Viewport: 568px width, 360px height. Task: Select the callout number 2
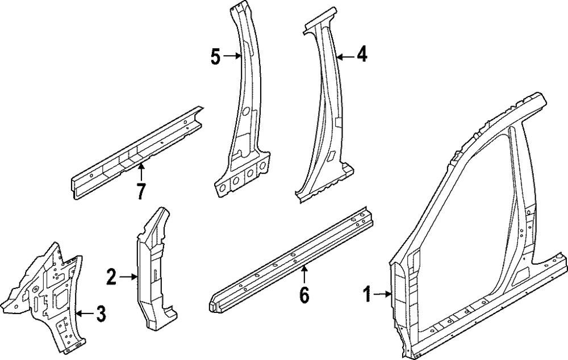[x=111, y=278]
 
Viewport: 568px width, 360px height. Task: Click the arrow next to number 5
[x=232, y=56]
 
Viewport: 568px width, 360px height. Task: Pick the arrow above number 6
[x=304, y=274]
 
